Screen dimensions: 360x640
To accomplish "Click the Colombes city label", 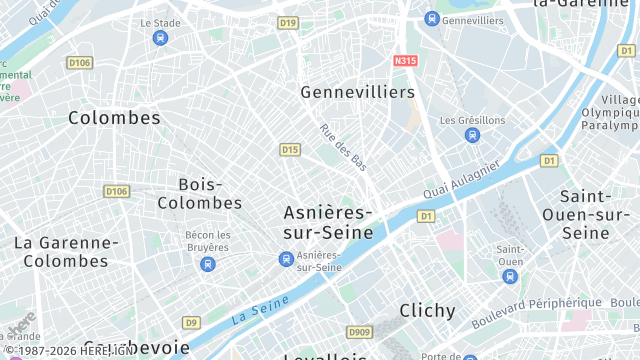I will pos(114,117).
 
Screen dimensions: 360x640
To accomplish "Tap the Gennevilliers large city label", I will pos(357,91).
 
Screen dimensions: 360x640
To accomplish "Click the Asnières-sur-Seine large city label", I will pos(328,222).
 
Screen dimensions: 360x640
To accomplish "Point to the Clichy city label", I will pos(427,310).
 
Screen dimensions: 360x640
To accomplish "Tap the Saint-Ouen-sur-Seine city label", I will pos(585,214).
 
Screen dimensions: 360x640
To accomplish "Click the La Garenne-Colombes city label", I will pos(66,251).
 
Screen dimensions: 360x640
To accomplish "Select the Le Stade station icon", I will pos(160,38).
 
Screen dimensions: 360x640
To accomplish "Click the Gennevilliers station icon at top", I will pos(431,19).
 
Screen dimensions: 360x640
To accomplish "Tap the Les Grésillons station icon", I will pos(472,135).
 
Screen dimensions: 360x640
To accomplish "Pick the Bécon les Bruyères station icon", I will pos(207,264).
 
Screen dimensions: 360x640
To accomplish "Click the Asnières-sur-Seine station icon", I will pos(286,260).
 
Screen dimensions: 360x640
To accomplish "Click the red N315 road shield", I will pos(405,61).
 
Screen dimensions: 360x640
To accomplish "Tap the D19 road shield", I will pos(289,22).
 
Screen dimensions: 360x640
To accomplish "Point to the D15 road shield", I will pos(290,150).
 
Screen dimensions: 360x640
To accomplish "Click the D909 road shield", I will pos(359,332).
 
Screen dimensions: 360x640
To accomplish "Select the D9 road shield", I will pos(191,322).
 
